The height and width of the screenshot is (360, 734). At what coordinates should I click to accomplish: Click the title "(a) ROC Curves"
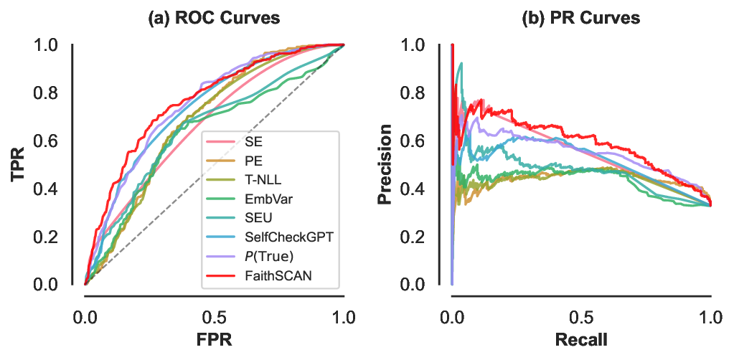pyautogui.click(x=214, y=19)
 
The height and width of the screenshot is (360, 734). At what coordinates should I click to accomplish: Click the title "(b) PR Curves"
pyautogui.click(x=580, y=19)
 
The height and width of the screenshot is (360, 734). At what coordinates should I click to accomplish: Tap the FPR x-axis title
pyautogui.click(x=214, y=339)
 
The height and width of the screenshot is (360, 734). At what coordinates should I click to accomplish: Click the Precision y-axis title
pyautogui.click(x=385, y=165)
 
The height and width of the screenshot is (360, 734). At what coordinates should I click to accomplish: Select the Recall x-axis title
pyautogui.click(x=580, y=339)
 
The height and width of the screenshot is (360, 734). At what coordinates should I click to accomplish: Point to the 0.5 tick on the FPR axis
pyautogui.click(x=214, y=316)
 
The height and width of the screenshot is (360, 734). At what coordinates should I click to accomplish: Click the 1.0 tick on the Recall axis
pyautogui.click(x=710, y=316)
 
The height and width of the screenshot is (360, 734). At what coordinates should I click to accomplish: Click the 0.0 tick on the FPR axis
pyautogui.click(x=85, y=316)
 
